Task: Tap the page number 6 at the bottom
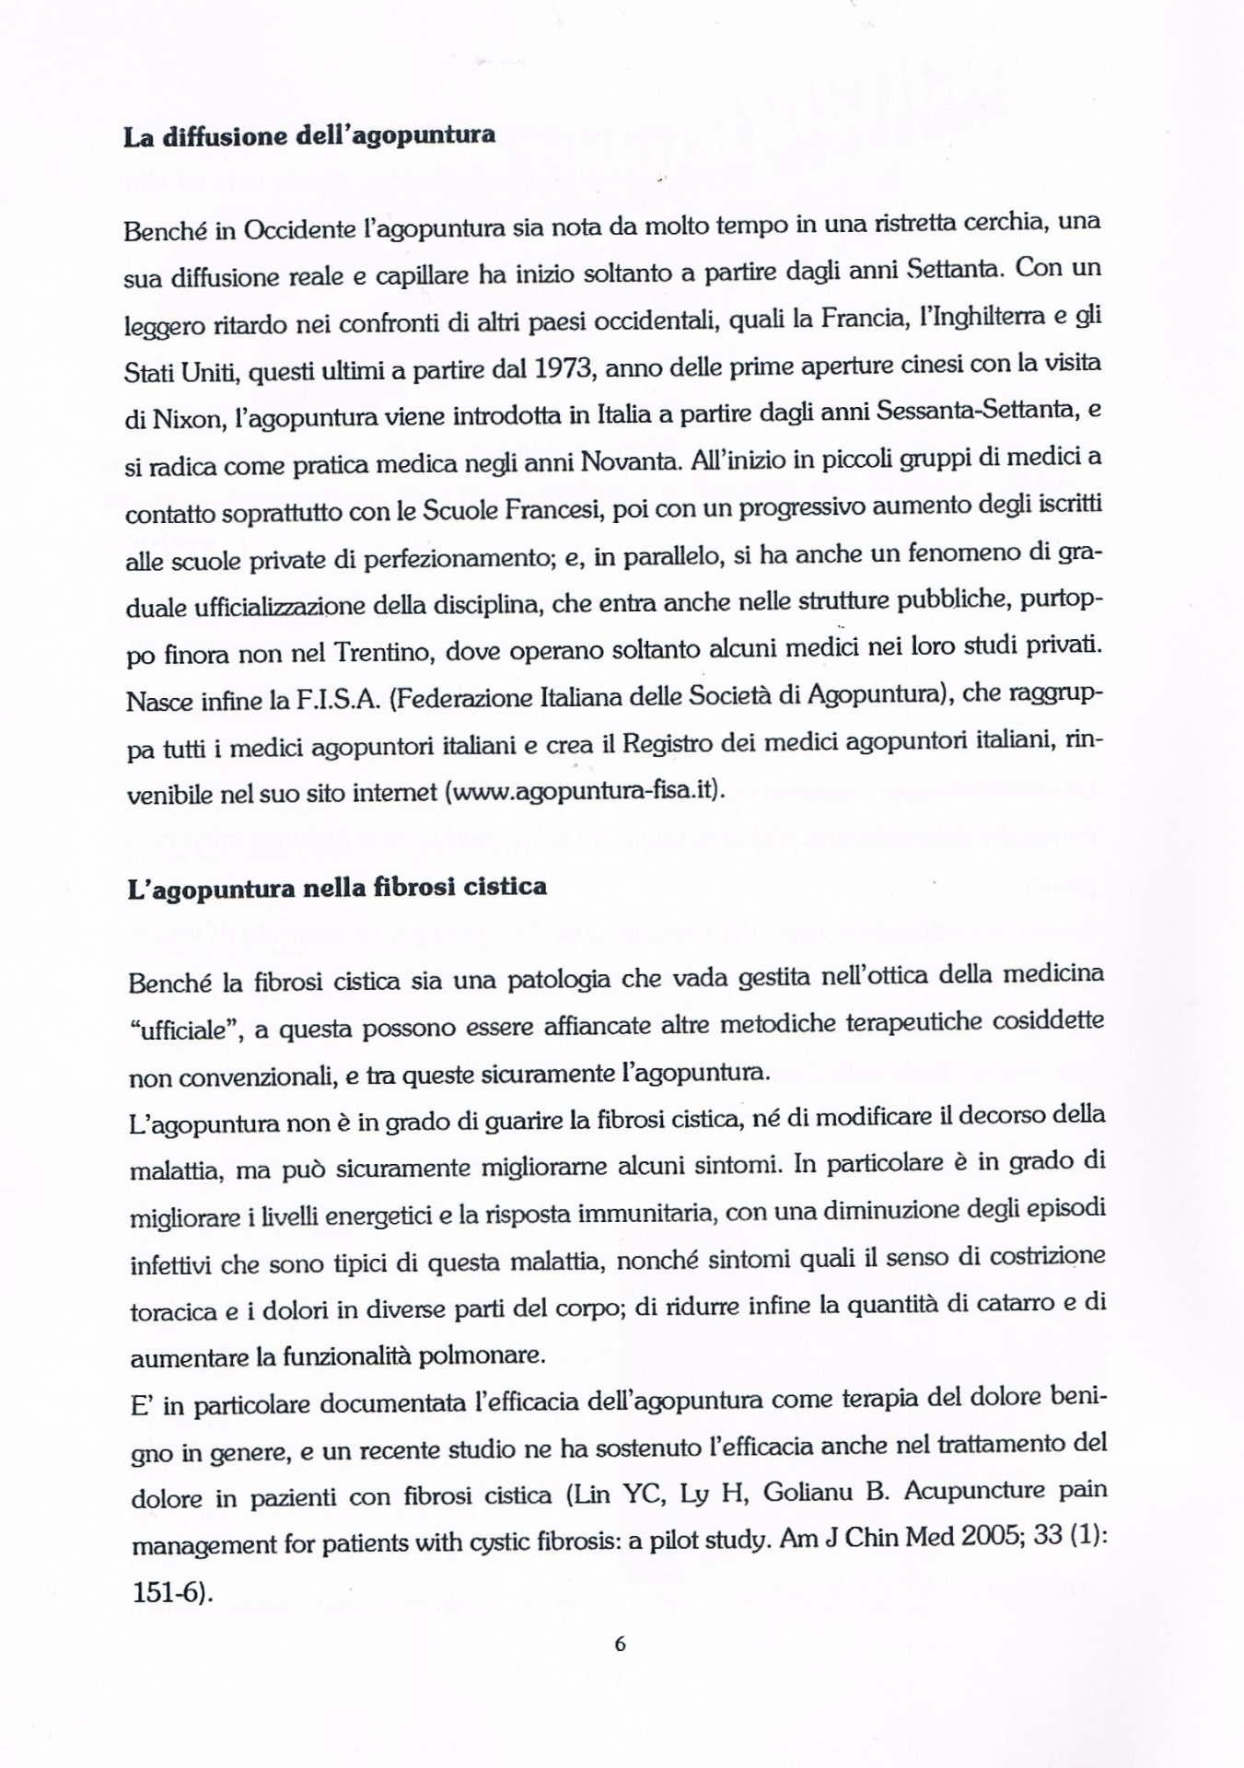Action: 620,1644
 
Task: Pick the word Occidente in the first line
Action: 299,229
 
